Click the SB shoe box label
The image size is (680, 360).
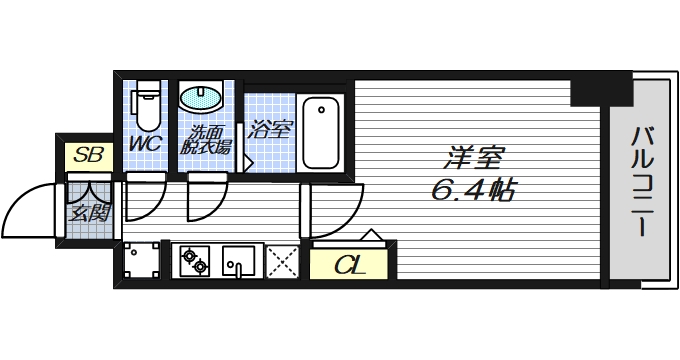[x=89, y=155]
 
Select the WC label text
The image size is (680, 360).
[x=147, y=144]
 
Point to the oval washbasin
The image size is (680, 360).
[x=203, y=99]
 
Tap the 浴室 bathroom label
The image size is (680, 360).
[x=269, y=129]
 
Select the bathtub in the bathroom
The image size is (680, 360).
[x=322, y=132]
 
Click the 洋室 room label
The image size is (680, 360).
[x=474, y=157]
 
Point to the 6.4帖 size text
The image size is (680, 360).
[x=474, y=189]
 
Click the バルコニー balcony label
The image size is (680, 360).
[x=641, y=180]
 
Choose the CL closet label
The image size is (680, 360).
[x=348, y=265]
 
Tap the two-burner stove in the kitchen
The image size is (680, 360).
[x=194, y=263]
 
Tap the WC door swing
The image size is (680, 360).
[x=146, y=196]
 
